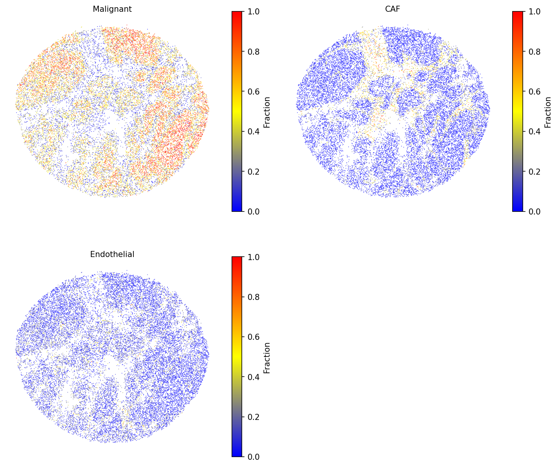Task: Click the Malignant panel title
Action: (x=112, y=9)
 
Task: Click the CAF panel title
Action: (x=392, y=9)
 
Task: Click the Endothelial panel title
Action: (x=112, y=254)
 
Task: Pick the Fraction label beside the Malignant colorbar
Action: (x=267, y=112)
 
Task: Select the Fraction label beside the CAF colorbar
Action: (x=548, y=112)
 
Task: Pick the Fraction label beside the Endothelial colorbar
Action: (x=267, y=358)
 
